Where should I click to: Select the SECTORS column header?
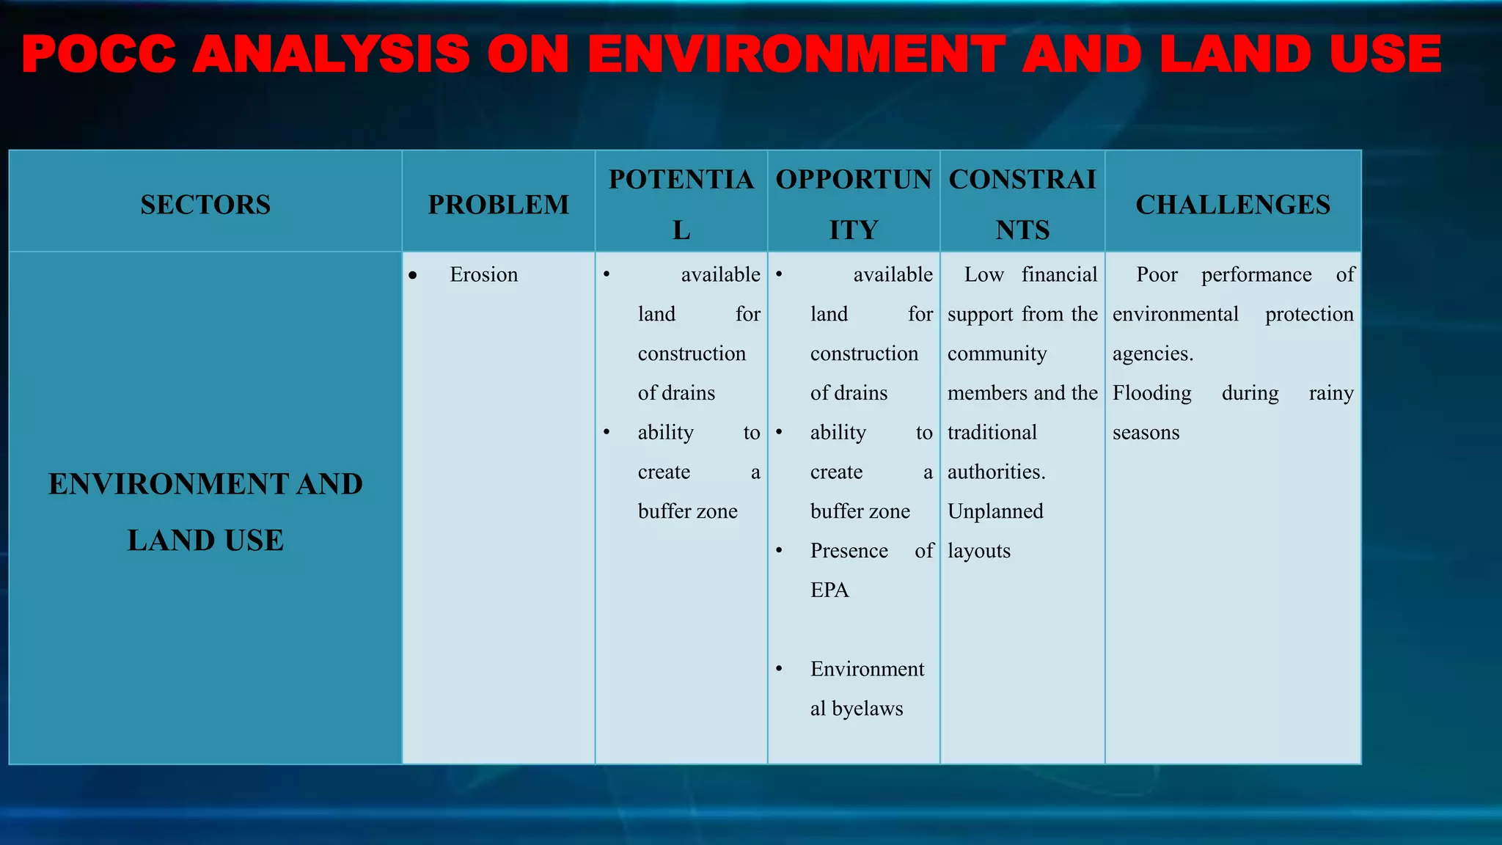[x=205, y=205]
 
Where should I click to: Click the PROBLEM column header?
[x=499, y=205]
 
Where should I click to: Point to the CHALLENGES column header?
[x=1233, y=205]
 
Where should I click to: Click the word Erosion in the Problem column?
[x=483, y=274]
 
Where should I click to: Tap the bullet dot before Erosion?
[x=413, y=276]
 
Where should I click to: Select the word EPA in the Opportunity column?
[x=829, y=590]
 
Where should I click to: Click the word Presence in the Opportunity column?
[x=849, y=551]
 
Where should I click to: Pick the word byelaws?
[x=868, y=709]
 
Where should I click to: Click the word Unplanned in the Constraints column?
[x=995, y=511]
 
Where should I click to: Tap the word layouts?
[x=978, y=551]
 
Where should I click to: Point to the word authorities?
[x=996, y=472]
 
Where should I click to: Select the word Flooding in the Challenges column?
[x=1151, y=393]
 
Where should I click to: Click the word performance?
[x=1256, y=275]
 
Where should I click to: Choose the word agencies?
[x=1152, y=354]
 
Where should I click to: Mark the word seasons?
[x=1146, y=433]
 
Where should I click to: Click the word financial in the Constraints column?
[x=1059, y=274]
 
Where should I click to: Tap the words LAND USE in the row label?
[x=205, y=541]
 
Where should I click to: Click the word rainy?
[x=1331, y=393]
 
